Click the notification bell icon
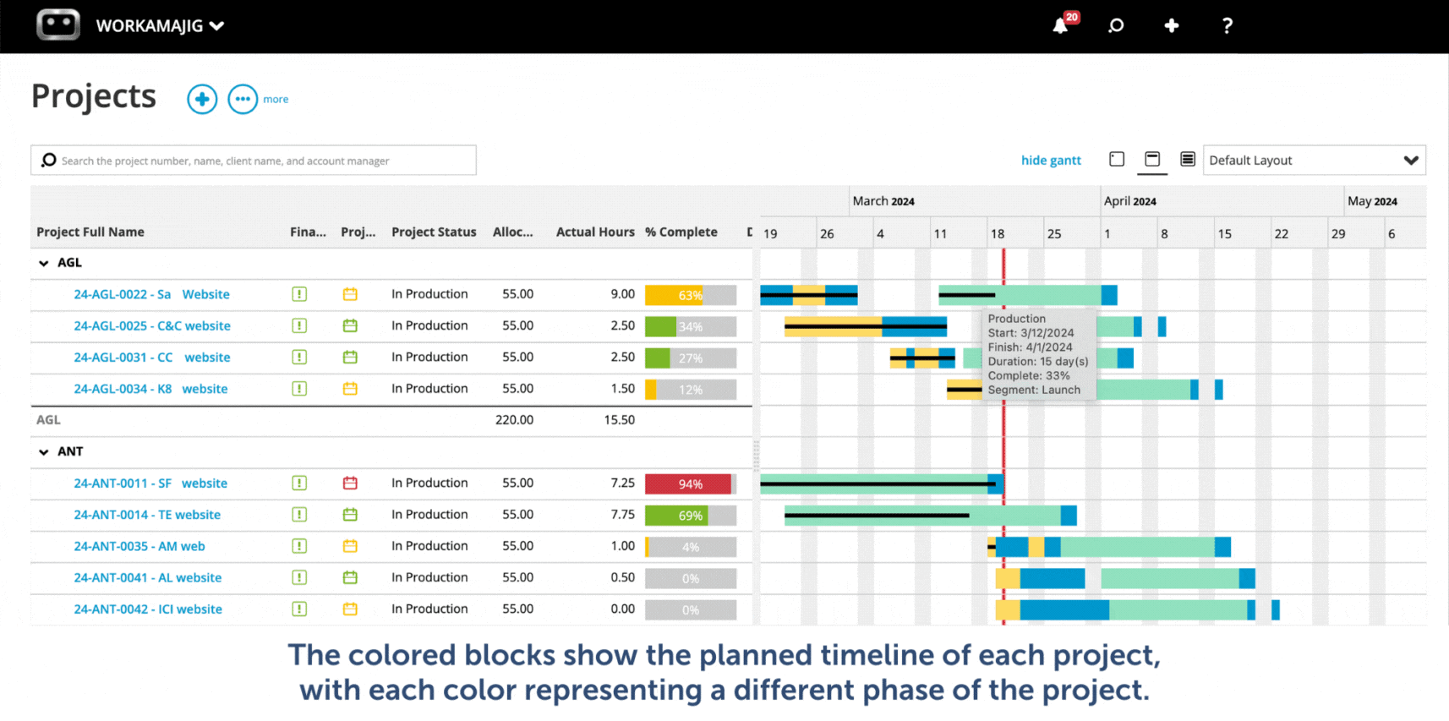[1060, 25]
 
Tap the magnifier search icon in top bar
[1116, 25]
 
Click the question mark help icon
[1227, 25]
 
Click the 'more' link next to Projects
[276, 99]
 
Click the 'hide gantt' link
[1051, 160]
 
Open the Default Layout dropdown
[1314, 160]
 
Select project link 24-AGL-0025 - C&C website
[152, 325]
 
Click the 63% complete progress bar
[690, 295]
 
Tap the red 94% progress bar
[690, 483]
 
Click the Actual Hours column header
[594, 232]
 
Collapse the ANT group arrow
[44, 452]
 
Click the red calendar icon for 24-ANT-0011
[350, 483]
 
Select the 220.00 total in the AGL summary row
[514, 419]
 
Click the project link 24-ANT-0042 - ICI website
[148, 609]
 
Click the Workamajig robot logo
[58, 25]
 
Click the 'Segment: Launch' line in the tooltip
[1034, 390]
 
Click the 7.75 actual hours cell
[622, 514]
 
